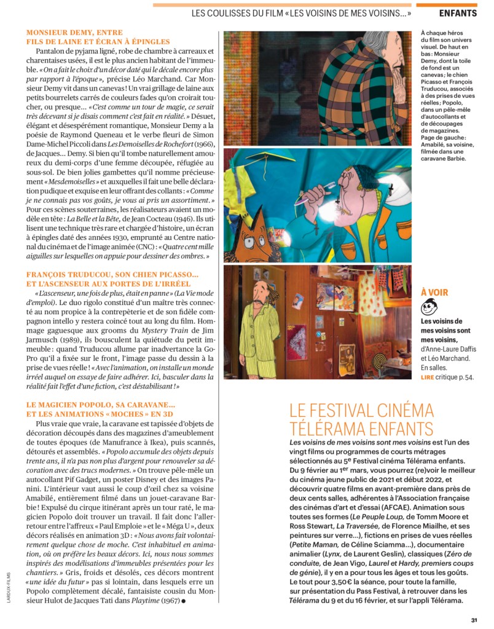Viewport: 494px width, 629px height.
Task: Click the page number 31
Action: (x=474, y=619)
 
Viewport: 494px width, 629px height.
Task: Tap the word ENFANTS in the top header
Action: (x=458, y=13)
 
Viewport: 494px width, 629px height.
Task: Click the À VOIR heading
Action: (x=434, y=293)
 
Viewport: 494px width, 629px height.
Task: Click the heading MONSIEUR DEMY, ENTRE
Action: (x=74, y=32)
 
